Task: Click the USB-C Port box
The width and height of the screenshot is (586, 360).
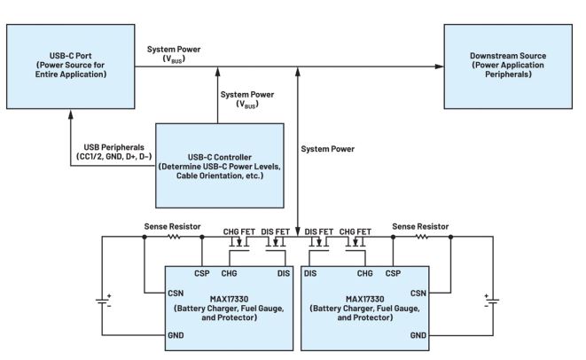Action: pos(69,66)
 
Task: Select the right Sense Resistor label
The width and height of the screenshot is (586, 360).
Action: pos(420,227)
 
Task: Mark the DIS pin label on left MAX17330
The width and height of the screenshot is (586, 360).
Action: pos(282,273)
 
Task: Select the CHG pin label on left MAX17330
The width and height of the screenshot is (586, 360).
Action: pos(230,273)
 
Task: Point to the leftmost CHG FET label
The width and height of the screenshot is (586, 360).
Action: pos(226,231)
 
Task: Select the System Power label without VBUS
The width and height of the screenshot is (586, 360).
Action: pos(328,149)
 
